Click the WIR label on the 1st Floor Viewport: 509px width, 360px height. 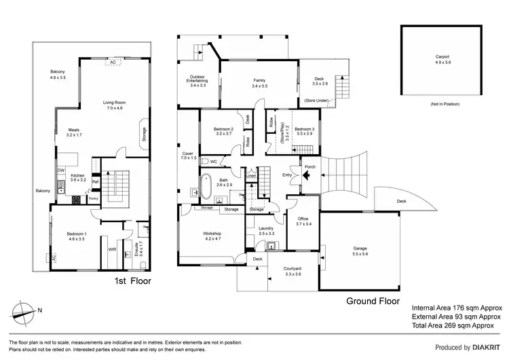(x=112, y=249)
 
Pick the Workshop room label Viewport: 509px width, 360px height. (x=212, y=234)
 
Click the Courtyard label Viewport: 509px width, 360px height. (x=293, y=270)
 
